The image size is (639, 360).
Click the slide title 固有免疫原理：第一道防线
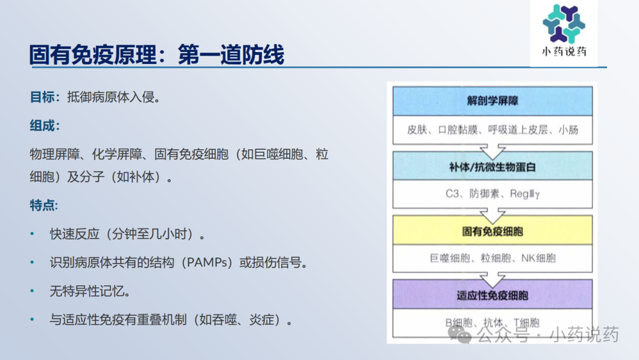point(157,55)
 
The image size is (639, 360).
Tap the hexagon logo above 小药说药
point(563,24)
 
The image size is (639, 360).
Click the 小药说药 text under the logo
point(563,52)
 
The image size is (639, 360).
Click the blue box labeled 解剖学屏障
point(492,101)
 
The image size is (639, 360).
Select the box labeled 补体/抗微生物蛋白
point(492,167)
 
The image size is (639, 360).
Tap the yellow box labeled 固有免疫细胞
point(492,231)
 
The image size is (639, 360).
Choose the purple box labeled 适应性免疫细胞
point(492,295)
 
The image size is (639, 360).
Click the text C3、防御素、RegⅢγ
point(492,193)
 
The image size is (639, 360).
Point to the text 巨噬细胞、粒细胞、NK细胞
point(492,258)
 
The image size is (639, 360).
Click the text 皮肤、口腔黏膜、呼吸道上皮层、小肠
point(492,130)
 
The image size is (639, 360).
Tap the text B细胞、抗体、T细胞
point(492,323)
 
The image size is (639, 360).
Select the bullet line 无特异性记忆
point(90,291)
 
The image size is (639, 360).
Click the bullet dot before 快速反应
point(32,234)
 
